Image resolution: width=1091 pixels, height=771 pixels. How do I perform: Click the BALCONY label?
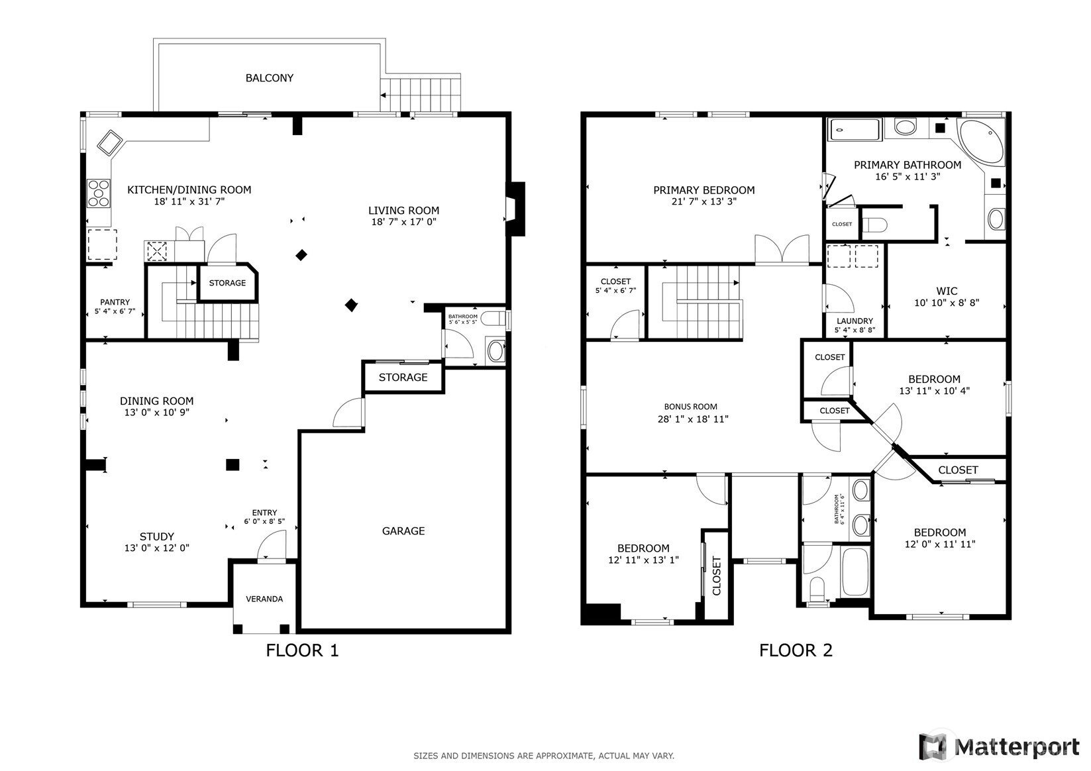pos(269,78)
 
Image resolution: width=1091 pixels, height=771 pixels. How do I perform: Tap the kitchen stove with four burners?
pos(99,193)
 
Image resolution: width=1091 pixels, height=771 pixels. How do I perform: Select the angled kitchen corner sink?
pos(110,142)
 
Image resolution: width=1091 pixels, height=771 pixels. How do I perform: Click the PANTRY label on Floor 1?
pos(115,302)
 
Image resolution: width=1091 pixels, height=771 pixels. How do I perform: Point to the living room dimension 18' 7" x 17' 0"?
pos(403,223)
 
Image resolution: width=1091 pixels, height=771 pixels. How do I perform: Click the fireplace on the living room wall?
pos(515,209)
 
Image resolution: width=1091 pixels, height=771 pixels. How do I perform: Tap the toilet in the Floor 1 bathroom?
pos(491,319)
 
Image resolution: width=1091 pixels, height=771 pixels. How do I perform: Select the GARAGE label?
pos(403,531)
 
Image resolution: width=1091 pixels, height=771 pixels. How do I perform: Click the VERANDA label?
pos(264,599)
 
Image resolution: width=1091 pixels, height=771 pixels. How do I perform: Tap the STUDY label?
pos(157,537)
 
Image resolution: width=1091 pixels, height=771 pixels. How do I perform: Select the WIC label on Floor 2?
pos(947,291)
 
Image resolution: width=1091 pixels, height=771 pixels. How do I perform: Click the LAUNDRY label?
pos(855,321)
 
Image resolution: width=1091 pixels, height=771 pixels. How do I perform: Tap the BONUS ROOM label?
pos(691,407)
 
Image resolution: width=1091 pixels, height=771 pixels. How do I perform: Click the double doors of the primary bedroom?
pos(782,250)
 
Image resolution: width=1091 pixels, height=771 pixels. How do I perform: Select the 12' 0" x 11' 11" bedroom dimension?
pos(939,544)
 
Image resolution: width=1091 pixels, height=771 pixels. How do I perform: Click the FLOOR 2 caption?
pos(795,650)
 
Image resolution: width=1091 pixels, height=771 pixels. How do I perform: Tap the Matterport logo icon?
pos(933,746)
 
